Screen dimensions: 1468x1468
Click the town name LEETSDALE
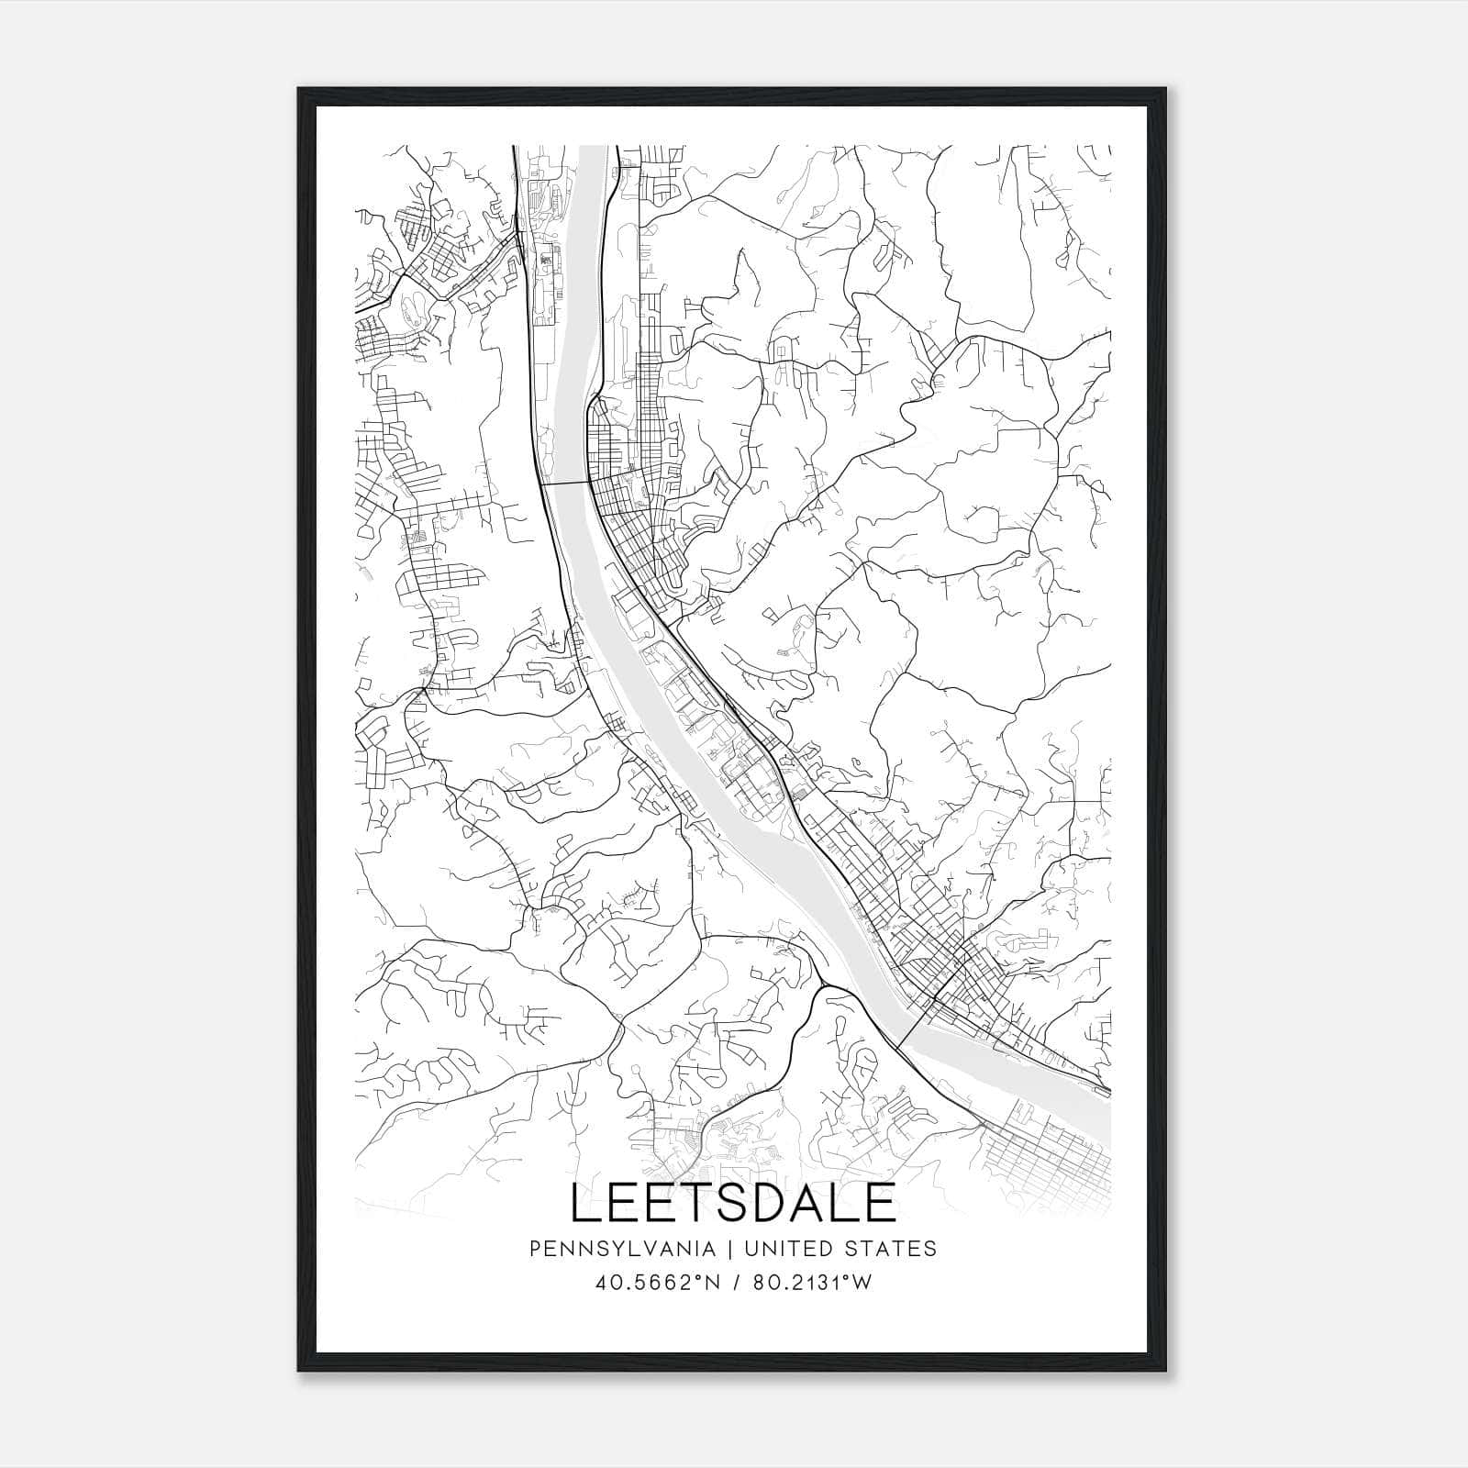coord(733,1203)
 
